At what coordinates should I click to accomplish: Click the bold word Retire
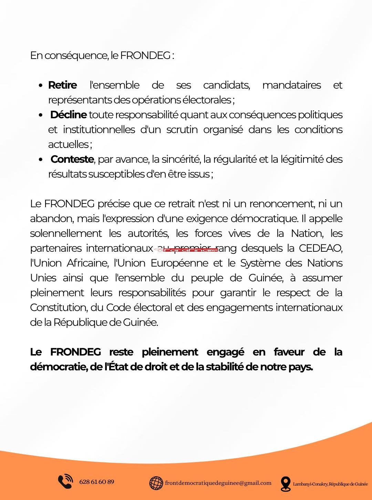click(62, 85)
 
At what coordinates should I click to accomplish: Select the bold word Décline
click(68, 114)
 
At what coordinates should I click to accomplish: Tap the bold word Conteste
click(72, 159)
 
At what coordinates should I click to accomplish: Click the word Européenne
click(179, 263)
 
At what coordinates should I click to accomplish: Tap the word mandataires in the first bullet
click(291, 85)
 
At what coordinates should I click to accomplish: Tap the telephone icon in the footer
click(65, 482)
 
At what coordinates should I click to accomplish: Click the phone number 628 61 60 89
click(96, 482)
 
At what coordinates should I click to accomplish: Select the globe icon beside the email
click(156, 483)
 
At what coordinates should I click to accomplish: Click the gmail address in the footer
click(218, 483)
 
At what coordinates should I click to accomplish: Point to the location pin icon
click(286, 484)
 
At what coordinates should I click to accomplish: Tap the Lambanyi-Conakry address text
click(330, 484)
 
